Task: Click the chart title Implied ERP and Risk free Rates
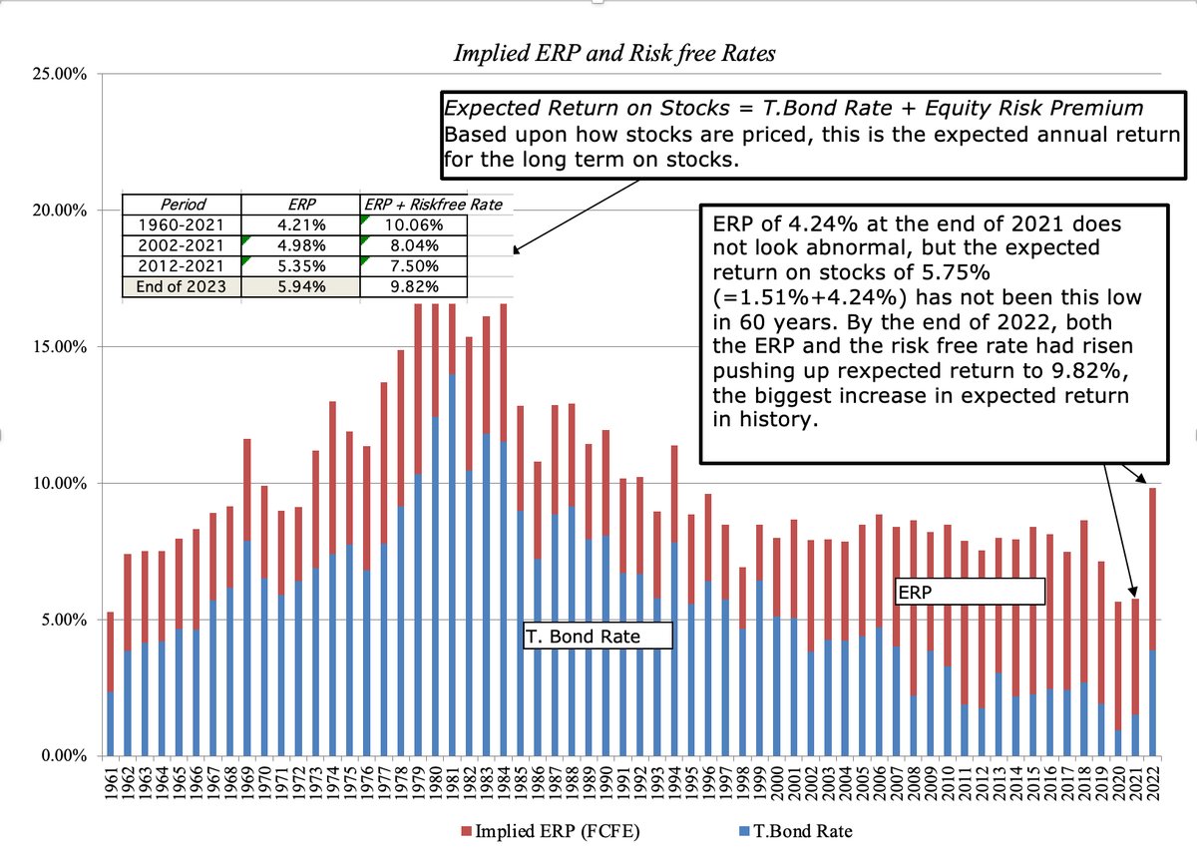tap(614, 54)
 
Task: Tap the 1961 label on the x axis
tap(111, 783)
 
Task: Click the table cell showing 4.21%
tap(300, 224)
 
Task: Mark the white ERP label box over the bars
tap(969, 591)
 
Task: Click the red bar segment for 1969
tap(247, 490)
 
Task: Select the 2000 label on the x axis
tap(776, 783)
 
